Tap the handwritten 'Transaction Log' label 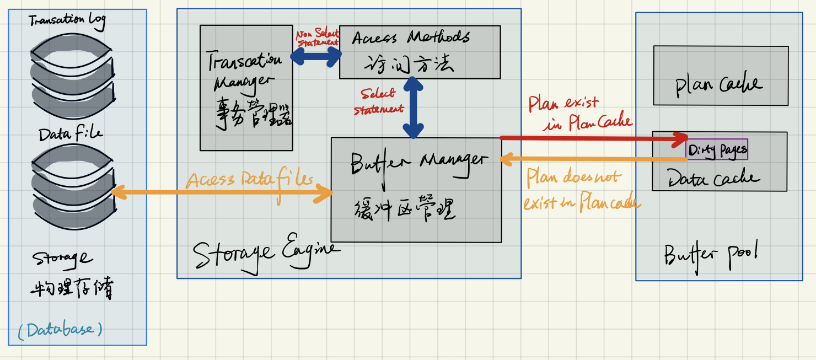[67, 21]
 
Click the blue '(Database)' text [60, 330]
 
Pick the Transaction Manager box [246, 87]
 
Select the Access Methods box [420, 52]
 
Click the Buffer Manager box [416, 189]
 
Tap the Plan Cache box [720, 76]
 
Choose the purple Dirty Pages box [717, 149]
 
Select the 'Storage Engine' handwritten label [265, 253]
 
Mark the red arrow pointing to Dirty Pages [593, 137]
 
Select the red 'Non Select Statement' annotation [318, 37]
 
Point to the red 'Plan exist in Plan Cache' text [579, 113]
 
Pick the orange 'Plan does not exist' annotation [579, 190]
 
